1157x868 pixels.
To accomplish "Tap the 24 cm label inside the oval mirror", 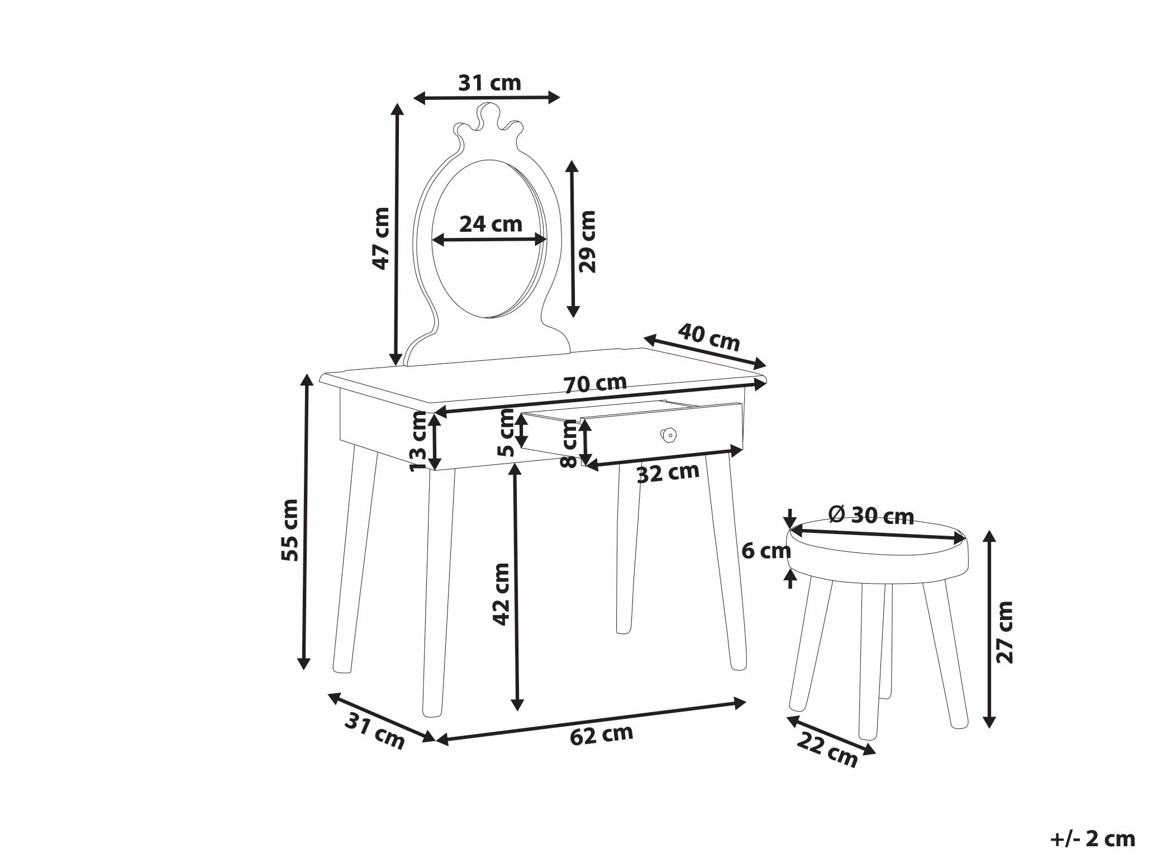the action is (491, 224).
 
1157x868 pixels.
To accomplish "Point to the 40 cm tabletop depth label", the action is (709, 337).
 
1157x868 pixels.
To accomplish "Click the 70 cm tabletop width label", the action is (595, 384).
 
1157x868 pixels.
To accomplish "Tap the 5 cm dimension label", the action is (507, 432).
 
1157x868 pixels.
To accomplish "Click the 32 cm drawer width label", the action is (668, 473).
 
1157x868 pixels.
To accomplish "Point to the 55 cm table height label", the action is (289, 530).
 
